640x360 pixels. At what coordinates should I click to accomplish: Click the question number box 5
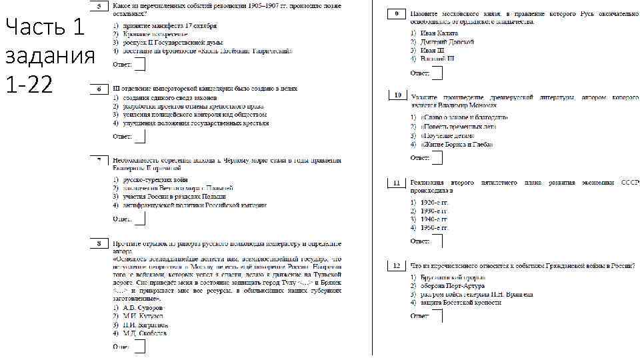pos(97,7)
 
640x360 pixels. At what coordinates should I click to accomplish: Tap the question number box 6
pos(97,89)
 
